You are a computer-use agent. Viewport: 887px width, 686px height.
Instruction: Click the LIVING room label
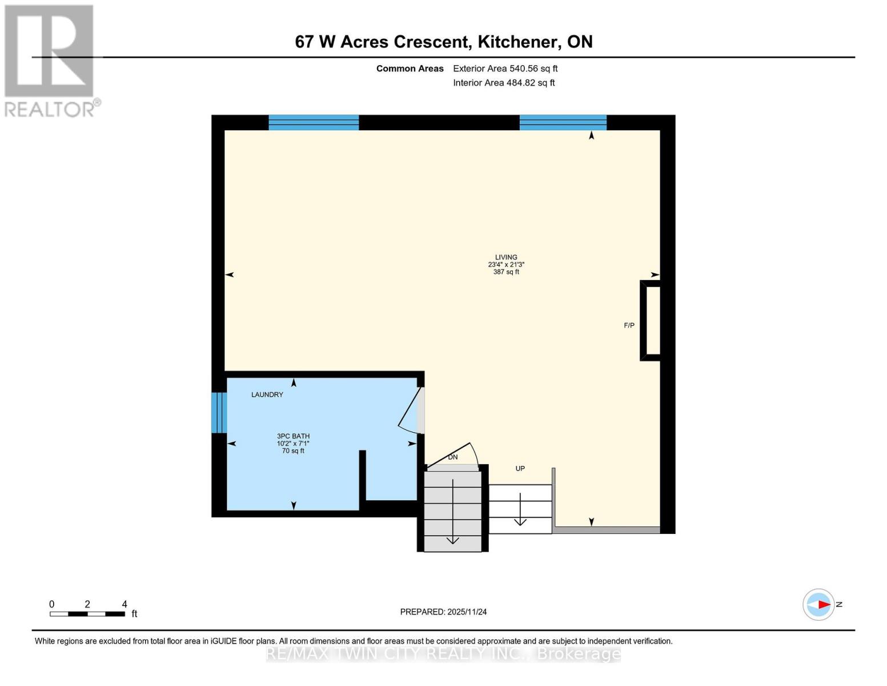(x=506, y=257)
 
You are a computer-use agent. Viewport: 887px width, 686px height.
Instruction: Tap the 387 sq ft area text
(x=506, y=272)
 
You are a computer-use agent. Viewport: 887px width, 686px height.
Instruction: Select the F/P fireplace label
(x=629, y=325)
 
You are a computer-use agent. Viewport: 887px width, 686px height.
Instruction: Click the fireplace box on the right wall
(x=651, y=320)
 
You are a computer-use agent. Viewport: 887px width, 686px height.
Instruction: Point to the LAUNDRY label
(x=267, y=394)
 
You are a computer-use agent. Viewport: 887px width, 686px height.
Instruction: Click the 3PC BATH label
(x=293, y=436)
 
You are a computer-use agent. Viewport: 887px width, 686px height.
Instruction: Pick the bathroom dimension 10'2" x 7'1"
(x=293, y=444)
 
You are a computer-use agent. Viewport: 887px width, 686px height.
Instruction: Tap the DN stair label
(x=452, y=457)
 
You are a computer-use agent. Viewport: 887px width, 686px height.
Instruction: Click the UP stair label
(x=520, y=469)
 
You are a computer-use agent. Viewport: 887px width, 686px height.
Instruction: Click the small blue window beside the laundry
(x=219, y=412)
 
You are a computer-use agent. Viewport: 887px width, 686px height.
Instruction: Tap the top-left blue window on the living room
(x=314, y=122)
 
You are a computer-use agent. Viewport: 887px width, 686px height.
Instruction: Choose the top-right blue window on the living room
(x=563, y=122)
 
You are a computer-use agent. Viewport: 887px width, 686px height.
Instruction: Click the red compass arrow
(x=823, y=604)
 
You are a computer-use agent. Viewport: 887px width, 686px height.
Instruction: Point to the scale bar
(x=87, y=614)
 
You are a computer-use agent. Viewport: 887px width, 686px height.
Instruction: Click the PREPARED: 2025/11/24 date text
(x=443, y=612)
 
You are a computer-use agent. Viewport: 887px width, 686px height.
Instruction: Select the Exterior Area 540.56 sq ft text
(x=505, y=69)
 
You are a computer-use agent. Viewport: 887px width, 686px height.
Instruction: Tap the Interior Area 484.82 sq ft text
(x=504, y=83)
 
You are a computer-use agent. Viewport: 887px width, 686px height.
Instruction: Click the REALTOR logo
(x=50, y=60)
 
